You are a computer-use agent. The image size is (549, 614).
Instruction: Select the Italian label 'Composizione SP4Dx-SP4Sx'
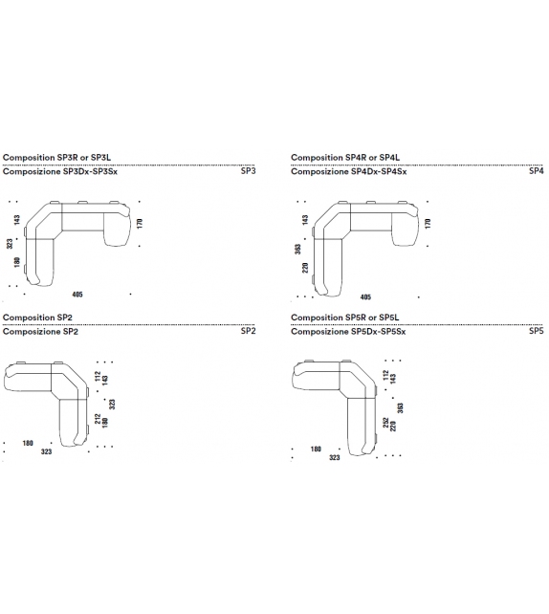click(x=348, y=171)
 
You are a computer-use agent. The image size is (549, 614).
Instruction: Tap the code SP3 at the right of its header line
click(x=248, y=171)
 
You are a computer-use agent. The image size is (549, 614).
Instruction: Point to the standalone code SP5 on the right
click(x=536, y=331)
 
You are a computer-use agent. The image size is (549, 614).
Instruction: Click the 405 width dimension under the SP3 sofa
click(x=78, y=295)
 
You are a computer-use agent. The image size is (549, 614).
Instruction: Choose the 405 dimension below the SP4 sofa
click(x=365, y=296)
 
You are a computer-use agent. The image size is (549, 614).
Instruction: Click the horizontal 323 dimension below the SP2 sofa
click(x=46, y=452)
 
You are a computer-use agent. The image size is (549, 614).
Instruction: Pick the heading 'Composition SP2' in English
click(x=38, y=317)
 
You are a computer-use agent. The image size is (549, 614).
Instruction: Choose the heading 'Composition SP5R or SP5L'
click(x=344, y=317)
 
